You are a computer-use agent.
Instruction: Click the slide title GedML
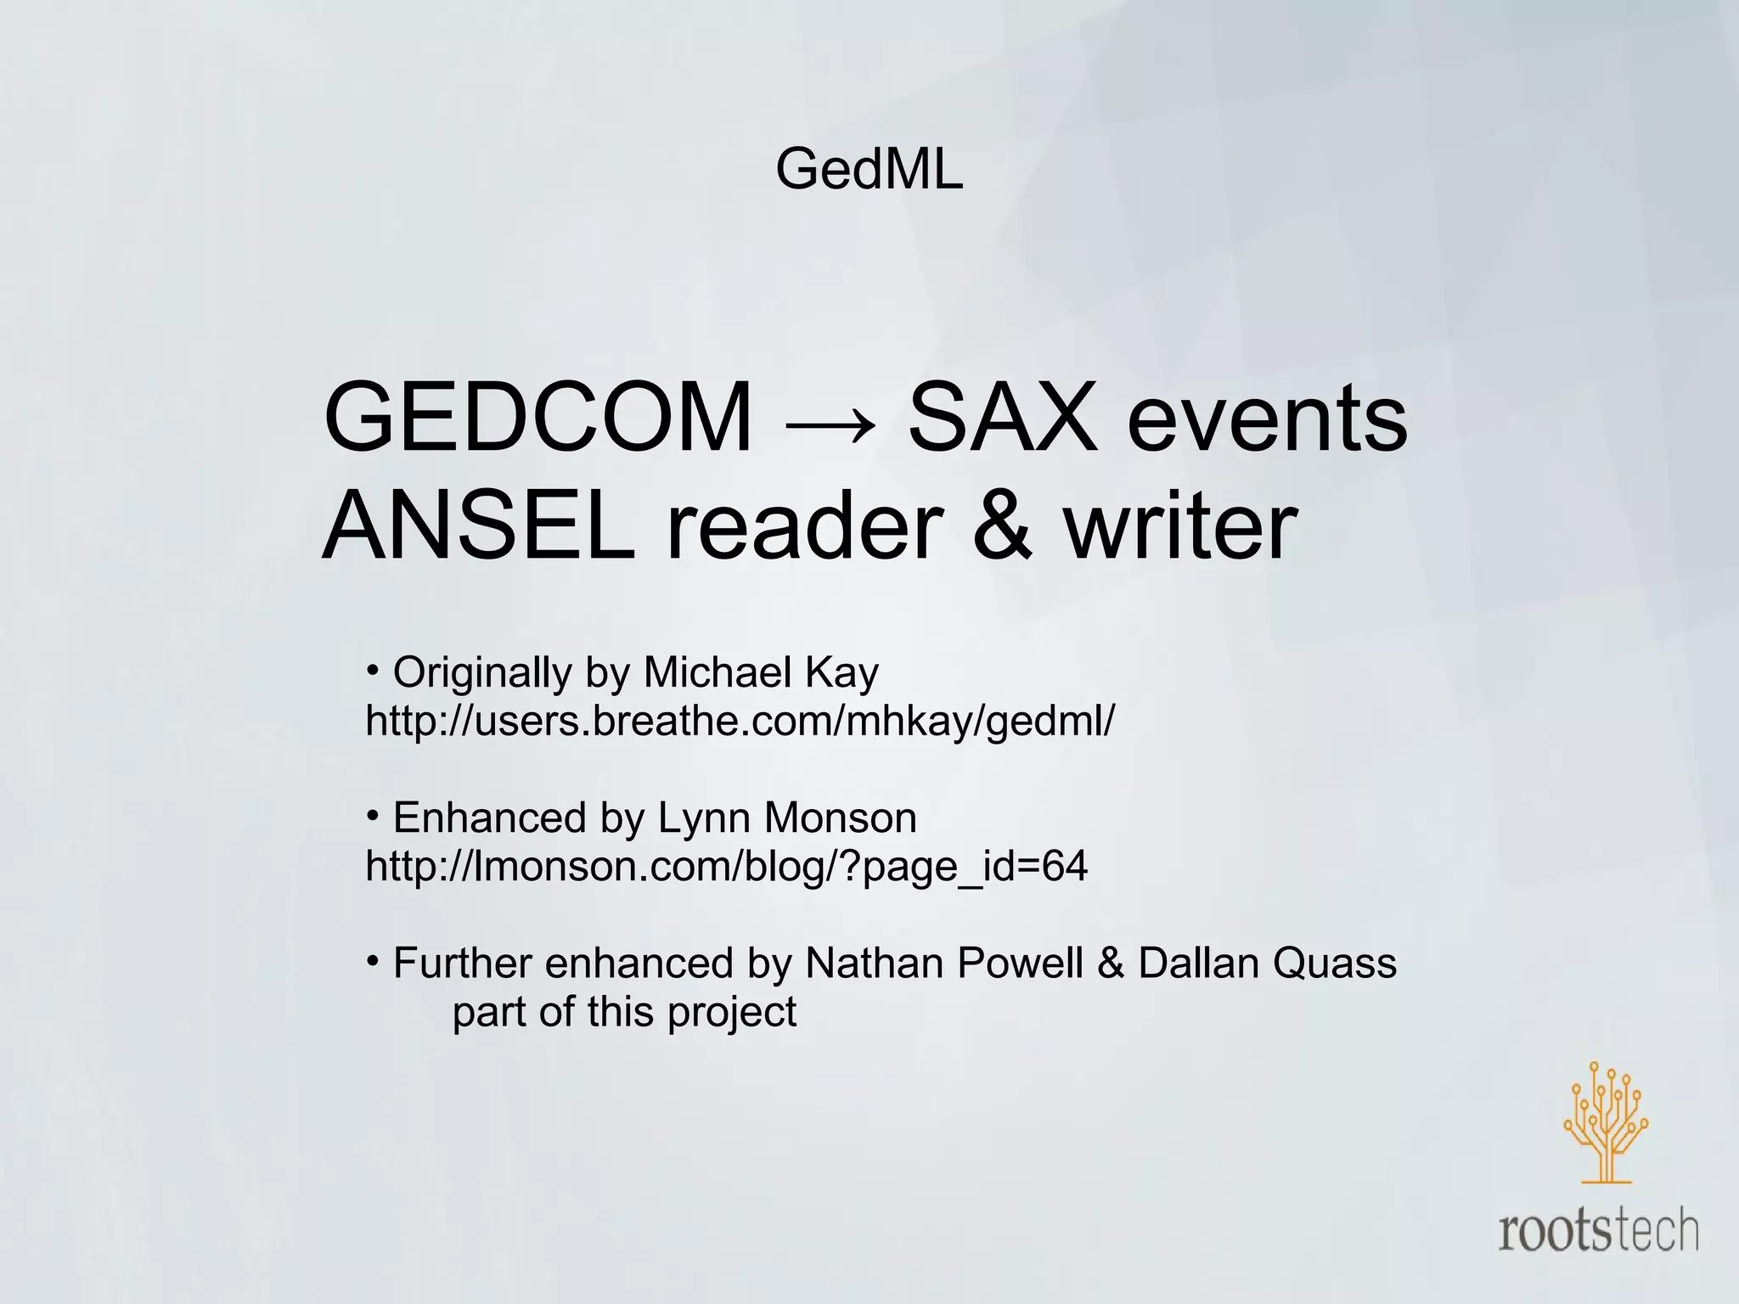(x=869, y=169)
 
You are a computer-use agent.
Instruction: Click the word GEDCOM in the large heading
(x=537, y=418)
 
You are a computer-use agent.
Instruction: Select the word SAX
(x=1002, y=418)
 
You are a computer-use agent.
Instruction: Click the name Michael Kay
(x=761, y=672)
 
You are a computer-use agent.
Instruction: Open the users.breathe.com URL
(x=740, y=721)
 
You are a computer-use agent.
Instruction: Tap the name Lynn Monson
(x=787, y=818)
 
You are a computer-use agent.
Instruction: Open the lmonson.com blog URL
(x=726, y=867)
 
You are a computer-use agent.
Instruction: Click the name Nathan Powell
(x=943, y=964)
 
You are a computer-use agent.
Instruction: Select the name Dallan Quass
(x=1267, y=964)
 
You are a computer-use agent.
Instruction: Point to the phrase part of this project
(x=624, y=1012)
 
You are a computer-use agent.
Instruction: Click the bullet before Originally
(x=373, y=672)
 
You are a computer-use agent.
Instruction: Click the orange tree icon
(x=1605, y=1122)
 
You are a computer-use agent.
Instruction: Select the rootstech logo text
(x=1598, y=1233)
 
